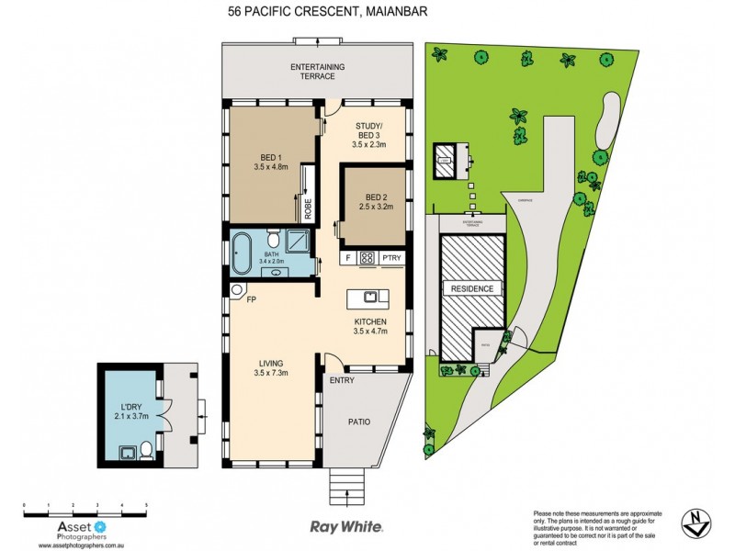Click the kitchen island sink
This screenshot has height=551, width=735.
(368, 297)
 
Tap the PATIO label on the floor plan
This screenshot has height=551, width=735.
(358, 422)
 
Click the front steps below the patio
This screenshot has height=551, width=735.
(347, 479)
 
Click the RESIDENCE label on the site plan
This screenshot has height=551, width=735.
(472, 288)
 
